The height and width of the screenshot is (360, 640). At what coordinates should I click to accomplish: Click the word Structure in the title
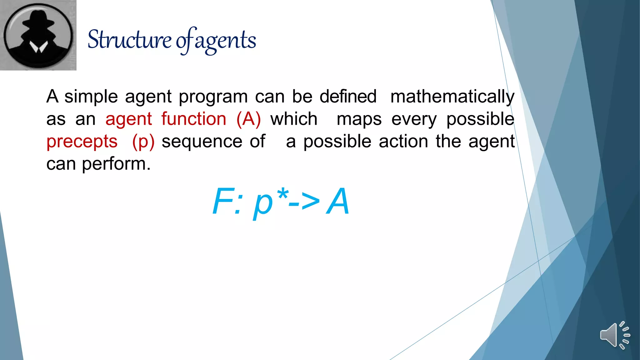point(129,40)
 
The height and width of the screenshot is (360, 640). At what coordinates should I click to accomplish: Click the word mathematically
point(452,97)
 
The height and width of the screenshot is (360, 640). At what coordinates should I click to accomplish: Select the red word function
point(194,119)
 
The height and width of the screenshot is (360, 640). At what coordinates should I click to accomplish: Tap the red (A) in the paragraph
point(248,119)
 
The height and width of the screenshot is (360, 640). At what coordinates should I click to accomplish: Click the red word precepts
point(82,142)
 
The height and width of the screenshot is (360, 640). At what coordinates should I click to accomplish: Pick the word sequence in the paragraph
point(202,142)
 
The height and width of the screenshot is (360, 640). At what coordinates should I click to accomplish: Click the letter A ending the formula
point(337,202)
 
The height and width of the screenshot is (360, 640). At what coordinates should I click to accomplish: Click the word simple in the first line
point(91,97)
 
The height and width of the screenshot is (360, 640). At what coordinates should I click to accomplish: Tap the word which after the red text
point(294,119)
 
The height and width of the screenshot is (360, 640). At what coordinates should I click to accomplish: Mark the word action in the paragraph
point(403,142)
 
